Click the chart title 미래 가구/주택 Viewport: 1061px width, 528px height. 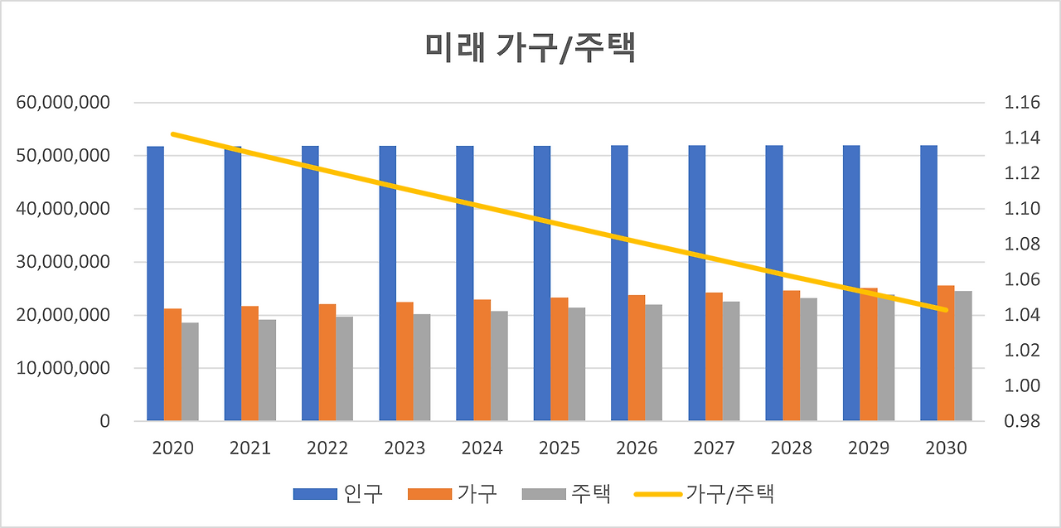[x=530, y=49]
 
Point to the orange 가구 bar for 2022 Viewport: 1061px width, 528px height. [x=327, y=362]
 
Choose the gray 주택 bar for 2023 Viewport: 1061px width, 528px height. [x=422, y=367]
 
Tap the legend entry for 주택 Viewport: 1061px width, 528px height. [x=567, y=494]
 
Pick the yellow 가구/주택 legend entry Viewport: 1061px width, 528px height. [x=705, y=494]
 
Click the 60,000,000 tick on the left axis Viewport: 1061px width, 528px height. [x=63, y=103]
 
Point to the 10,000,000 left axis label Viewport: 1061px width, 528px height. [x=63, y=368]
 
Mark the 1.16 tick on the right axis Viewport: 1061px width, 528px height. [x=1021, y=103]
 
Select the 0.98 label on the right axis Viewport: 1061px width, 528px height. [x=1021, y=421]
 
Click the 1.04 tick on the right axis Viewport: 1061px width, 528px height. [x=1021, y=315]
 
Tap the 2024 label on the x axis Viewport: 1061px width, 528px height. [x=482, y=448]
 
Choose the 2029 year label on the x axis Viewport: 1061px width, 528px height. [x=869, y=448]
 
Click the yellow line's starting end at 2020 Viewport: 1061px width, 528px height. [x=172, y=133]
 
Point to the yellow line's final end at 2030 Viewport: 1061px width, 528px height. [x=946, y=310]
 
